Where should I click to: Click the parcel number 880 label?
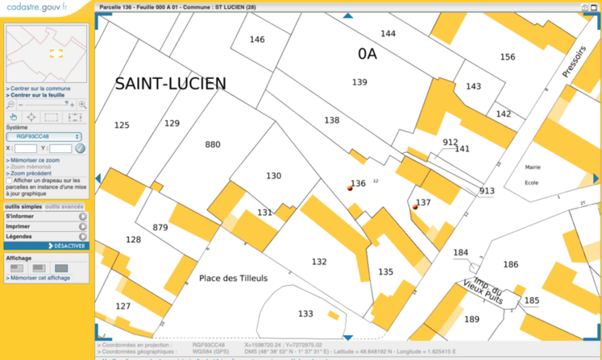[213, 145]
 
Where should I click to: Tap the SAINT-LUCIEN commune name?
[170, 84]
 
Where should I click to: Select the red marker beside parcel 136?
[350, 187]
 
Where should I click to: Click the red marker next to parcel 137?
[415, 207]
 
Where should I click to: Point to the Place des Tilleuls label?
[233, 279]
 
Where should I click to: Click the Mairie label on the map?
[532, 168]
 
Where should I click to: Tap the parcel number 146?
[257, 39]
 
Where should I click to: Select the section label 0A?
[367, 53]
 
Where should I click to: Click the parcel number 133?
[305, 313]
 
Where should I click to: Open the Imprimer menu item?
[19, 226]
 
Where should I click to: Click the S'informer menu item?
[20, 216]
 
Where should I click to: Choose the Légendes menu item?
[19, 237]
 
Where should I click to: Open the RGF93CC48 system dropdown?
[44, 137]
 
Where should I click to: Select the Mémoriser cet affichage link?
[39, 278]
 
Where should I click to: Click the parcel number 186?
[510, 264]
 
